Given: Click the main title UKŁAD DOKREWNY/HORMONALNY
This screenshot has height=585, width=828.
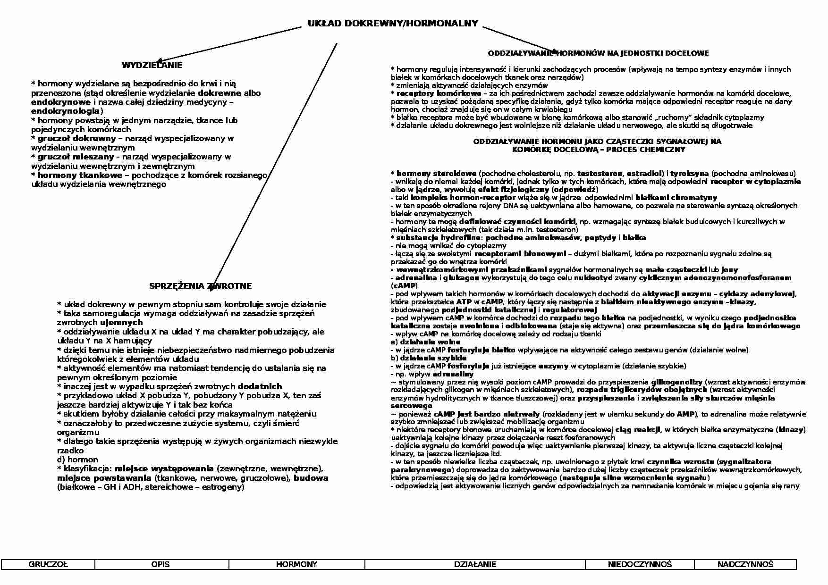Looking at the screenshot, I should (x=393, y=24).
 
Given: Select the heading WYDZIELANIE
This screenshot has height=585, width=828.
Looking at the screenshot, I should (x=152, y=65).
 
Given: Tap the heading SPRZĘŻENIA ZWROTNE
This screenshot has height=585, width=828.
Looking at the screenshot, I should (x=200, y=286).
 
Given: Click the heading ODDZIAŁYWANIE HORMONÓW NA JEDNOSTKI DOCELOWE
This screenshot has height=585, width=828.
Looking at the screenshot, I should (x=598, y=53).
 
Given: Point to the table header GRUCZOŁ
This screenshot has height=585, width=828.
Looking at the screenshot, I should (x=48, y=564).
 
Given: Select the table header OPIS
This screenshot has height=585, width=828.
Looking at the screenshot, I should (x=161, y=564).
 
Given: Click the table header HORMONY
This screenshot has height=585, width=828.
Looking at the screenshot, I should (x=296, y=564).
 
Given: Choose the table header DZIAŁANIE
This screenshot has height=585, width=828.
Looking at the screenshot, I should (x=475, y=564).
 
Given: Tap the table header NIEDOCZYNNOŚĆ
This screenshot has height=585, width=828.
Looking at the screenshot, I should (x=640, y=564).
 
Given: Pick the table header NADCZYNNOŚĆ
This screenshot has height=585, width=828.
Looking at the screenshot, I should (x=745, y=564).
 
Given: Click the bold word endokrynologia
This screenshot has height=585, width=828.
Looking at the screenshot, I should (x=65, y=111).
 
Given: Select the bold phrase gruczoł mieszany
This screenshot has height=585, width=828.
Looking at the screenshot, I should (x=76, y=157).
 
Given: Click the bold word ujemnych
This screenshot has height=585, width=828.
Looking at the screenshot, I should (x=121, y=322).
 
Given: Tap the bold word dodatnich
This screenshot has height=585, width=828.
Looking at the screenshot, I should (x=260, y=386).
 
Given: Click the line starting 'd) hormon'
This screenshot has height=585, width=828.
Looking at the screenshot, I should (x=77, y=460).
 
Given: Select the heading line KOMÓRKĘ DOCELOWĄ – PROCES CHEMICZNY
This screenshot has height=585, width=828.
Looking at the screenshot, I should (x=598, y=150).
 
